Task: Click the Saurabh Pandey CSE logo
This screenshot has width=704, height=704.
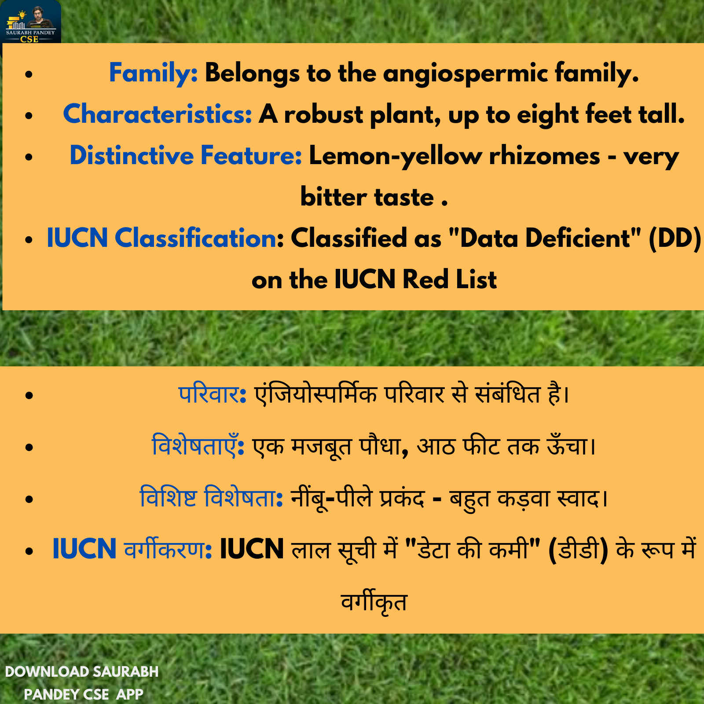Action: tap(31, 22)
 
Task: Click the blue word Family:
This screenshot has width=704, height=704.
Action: tap(153, 73)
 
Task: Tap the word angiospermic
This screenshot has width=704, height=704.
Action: tap(466, 73)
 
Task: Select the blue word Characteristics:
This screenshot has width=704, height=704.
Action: tap(158, 114)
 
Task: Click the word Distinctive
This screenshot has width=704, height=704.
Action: tap(132, 155)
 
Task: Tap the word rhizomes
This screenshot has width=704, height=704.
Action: tap(545, 156)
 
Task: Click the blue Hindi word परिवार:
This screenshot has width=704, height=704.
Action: tap(212, 394)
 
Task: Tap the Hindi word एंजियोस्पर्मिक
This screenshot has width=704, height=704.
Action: tap(316, 394)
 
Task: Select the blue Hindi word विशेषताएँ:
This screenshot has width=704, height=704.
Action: tap(198, 445)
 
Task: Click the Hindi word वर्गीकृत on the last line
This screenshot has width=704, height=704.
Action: tap(374, 602)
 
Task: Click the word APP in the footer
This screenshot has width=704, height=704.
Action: tap(130, 694)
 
